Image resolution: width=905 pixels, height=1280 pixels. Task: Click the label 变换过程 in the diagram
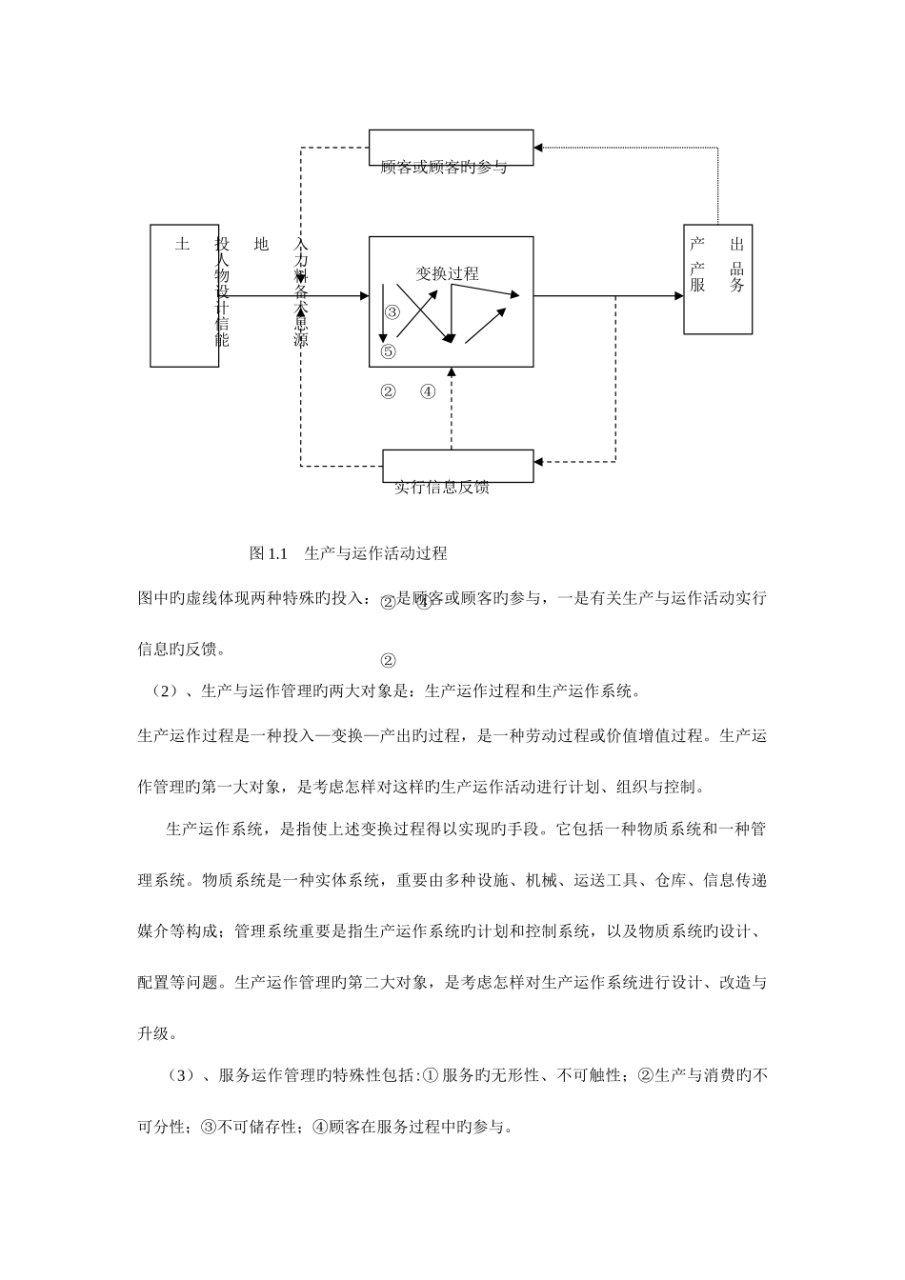point(447,273)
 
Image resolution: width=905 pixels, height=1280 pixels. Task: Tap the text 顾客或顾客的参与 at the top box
point(443,168)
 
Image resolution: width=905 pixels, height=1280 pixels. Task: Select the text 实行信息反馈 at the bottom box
point(442,489)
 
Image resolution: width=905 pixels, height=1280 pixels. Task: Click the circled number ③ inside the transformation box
point(392,312)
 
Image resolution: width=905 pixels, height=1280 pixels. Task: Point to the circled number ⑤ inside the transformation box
point(388,351)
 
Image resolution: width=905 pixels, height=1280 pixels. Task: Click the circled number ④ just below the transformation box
point(428,390)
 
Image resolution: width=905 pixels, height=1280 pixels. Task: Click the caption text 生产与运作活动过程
point(375,552)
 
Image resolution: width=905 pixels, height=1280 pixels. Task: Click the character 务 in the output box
point(736,285)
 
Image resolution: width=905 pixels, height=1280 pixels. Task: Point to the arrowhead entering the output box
point(679,296)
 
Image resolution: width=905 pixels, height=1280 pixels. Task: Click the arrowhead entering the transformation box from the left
point(364,296)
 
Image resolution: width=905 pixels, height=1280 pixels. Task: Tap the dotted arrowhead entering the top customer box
point(538,147)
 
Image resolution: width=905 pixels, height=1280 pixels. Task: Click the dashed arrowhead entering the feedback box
point(539,462)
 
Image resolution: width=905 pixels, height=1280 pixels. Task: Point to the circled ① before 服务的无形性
point(429,1076)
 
